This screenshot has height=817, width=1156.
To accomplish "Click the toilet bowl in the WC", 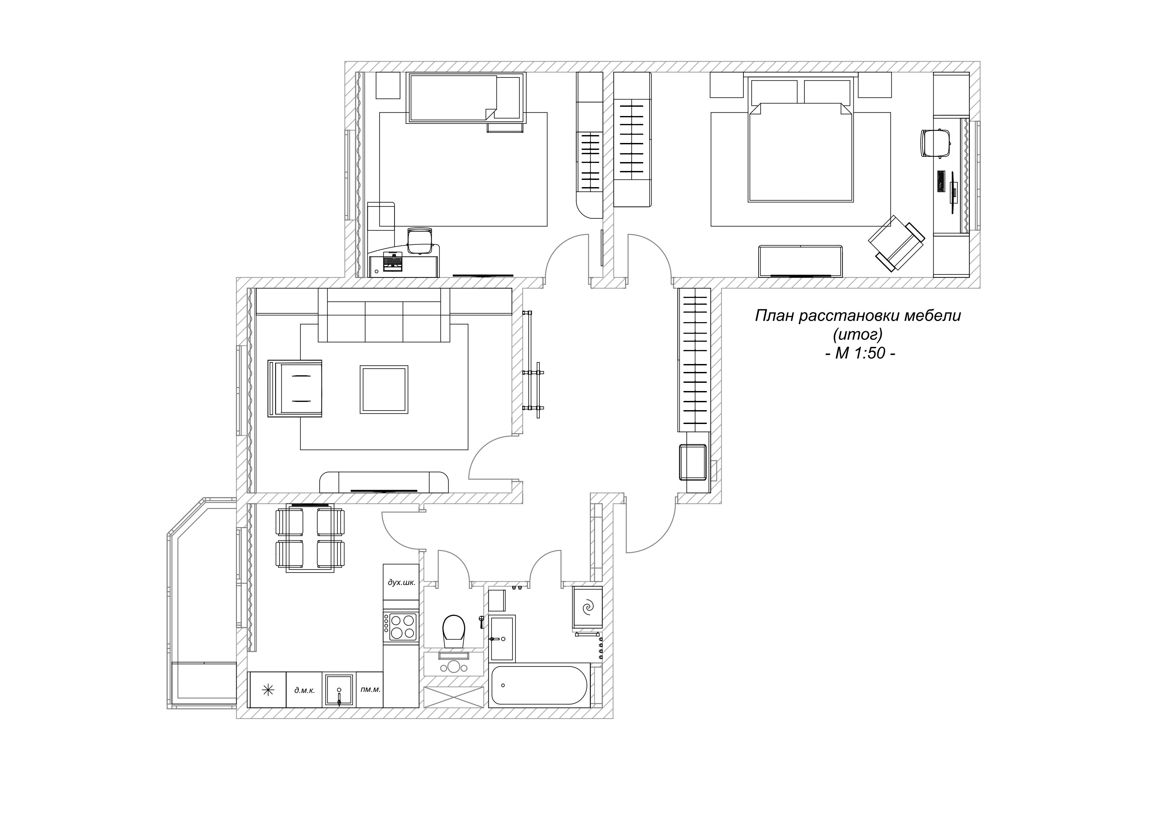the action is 454,630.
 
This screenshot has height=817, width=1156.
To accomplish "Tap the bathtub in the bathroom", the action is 539,686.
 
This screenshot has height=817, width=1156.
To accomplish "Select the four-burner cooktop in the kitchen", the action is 401,627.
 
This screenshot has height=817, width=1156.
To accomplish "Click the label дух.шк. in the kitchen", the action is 401,583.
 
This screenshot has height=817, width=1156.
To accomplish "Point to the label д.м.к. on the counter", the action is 304,690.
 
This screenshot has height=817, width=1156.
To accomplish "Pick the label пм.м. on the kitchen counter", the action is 371,689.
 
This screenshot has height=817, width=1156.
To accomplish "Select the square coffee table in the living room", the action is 384,390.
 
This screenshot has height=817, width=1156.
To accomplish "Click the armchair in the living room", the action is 295,389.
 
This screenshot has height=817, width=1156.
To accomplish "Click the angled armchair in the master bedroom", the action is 897,244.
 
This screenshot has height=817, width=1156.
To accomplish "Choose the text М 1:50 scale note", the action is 860,353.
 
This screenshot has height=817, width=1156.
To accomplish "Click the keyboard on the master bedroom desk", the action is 940,181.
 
